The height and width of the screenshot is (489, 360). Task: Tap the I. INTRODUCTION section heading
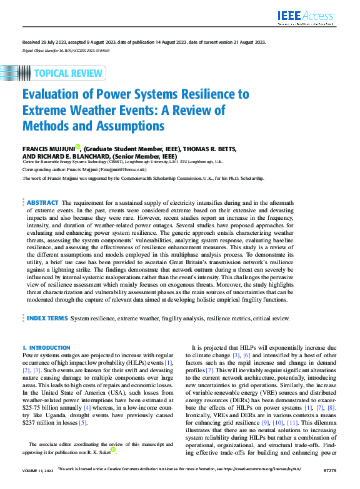(x=46, y=347)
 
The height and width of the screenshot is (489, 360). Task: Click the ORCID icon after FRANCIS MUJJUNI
(x=77, y=147)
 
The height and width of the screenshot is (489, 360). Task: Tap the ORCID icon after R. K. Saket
(x=113, y=450)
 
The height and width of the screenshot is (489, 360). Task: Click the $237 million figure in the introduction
(x=31, y=422)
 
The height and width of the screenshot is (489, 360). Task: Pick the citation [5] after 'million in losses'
(x=83, y=422)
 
